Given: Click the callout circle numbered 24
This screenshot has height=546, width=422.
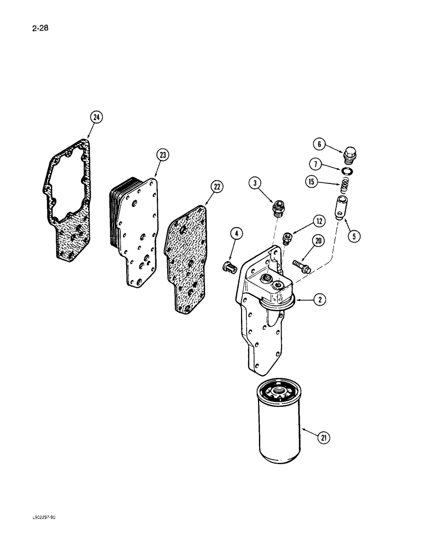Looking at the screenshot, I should [x=96, y=117].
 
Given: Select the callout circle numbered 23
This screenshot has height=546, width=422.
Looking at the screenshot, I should [x=162, y=155].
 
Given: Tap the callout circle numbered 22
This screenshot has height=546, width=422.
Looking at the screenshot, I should [x=217, y=187].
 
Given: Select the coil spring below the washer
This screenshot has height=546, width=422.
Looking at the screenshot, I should [x=343, y=186].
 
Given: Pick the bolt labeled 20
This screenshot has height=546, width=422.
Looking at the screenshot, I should [x=301, y=267].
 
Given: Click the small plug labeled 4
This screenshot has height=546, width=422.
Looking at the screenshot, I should [x=228, y=267].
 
